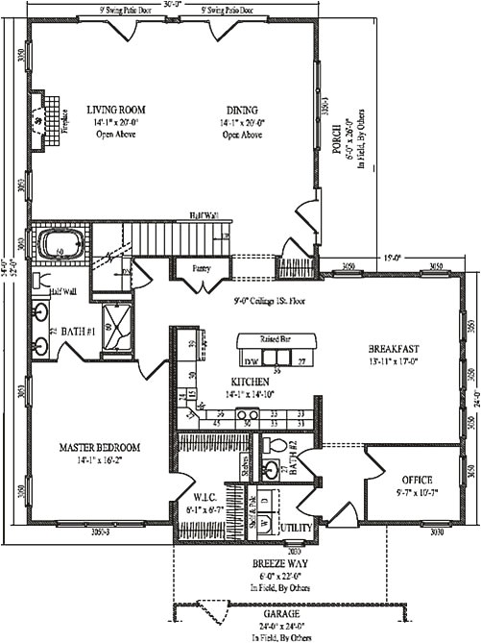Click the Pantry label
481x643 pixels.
(x=201, y=268)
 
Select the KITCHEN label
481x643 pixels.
(x=223, y=382)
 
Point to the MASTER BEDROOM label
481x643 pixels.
(x=100, y=448)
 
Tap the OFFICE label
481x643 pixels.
(x=416, y=480)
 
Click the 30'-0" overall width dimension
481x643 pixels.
(x=174, y=4)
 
